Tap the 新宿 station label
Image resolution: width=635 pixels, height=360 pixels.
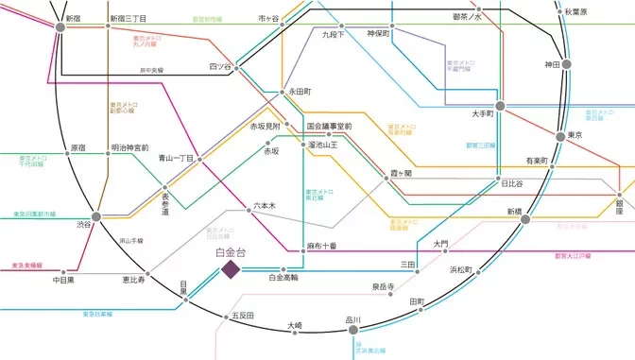pyautogui.click(x=73, y=18)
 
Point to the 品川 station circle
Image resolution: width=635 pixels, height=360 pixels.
pyautogui.click(x=353, y=320)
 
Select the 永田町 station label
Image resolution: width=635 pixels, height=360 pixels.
pyautogui.click(x=300, y=92)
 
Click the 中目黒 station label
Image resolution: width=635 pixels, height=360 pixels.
pyautogui.click(x=64, y=280)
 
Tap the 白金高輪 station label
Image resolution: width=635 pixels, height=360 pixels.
pyautogui.click(x=283, y=278)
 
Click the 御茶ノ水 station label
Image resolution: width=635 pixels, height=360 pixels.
pyautogui.click(x=467, y=17)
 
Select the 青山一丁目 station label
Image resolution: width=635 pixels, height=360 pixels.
pyautogui.click(x=175, y=159)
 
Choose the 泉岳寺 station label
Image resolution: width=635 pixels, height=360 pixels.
pyautogui.click(x=383, y=285)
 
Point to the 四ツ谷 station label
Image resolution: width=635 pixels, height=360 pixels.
pyautogui.click(x=219, y=66)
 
